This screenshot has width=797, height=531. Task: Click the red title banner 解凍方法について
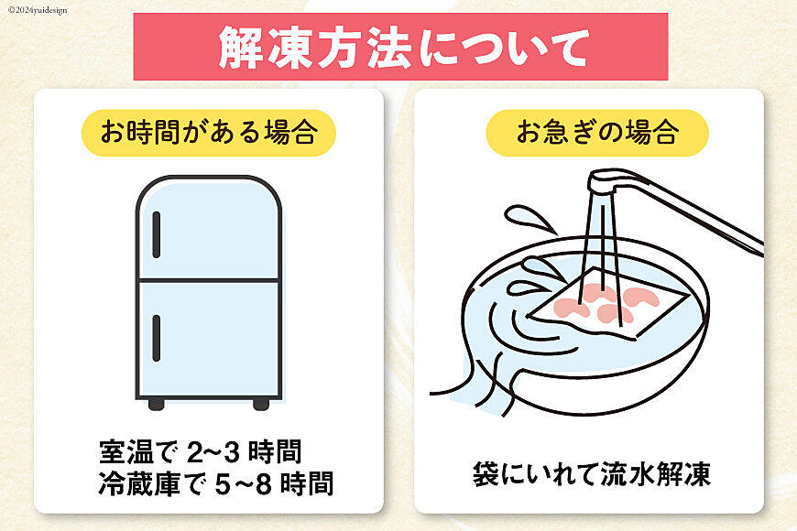[400, 47]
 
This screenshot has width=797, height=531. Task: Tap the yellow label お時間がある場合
[209, 133]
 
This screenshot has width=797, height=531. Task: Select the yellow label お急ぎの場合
[597, 133]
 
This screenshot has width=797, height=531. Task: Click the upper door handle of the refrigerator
[156, 234]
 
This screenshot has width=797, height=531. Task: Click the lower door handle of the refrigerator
[156, 339]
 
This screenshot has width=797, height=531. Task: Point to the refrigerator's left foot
[156, 404]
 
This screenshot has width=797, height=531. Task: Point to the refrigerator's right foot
[261, 404]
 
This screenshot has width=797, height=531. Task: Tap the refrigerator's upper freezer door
[209, 228]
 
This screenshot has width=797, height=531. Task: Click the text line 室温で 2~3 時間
[201, 451]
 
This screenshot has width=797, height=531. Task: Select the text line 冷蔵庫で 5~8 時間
[216, 483]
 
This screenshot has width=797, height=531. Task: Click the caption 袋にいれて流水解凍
[591, 474]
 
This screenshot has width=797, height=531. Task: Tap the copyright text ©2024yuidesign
[38, 10]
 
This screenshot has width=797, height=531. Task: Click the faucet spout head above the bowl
[602, 182]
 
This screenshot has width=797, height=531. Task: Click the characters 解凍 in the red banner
[265, 48]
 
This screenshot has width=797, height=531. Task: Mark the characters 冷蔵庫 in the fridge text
[139, 483]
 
